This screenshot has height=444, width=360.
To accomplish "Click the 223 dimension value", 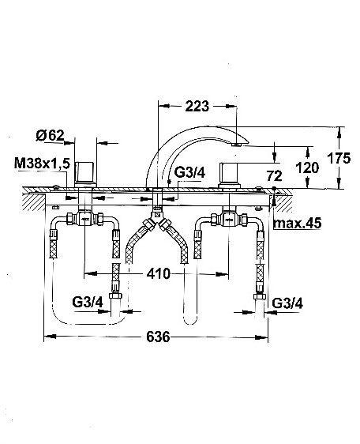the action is [197, 107].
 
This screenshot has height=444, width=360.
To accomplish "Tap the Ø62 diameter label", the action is [50, 136].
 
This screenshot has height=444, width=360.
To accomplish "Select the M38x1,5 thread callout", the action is [42, 164].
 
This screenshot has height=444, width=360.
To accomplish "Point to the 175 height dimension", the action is [339, 158].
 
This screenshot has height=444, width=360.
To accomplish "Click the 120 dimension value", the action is [307, 167].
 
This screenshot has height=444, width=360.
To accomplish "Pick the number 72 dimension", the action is [274, 176].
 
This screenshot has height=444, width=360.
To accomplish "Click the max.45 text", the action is [297, 224].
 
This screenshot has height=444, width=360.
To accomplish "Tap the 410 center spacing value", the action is [159, 273].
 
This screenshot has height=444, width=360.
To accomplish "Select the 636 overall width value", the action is [158, 337].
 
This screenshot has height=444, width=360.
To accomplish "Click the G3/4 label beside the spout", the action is [189, 172].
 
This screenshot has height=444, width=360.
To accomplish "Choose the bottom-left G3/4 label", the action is [88, 303].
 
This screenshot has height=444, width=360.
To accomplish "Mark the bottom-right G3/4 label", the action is [287, 303].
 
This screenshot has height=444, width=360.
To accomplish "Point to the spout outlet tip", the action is [236, 145].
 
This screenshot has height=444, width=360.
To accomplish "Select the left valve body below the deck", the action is [85, 219].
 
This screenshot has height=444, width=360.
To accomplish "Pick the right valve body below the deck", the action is [229, 219].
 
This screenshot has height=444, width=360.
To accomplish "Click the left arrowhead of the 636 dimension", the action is [50, 337].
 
